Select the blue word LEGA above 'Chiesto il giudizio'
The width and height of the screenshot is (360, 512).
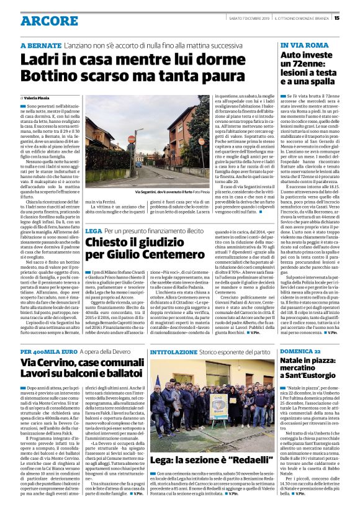pyautogui.click(x=94, y=231)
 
